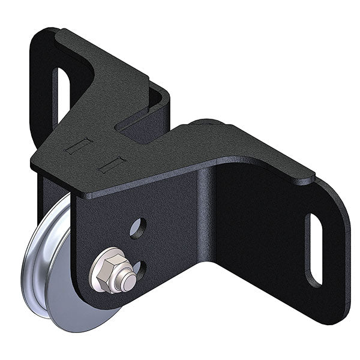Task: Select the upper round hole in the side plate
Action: pyautogui.click(x=137, y=227)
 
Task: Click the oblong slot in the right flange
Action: pyautogui.click(x=314, y=248)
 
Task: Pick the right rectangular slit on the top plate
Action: pyautogui.click(x=112, y=164)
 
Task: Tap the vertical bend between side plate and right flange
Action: pyautogui.click(x=207, y=222)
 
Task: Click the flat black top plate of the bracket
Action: pyautogui.click(x=150, y=156)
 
